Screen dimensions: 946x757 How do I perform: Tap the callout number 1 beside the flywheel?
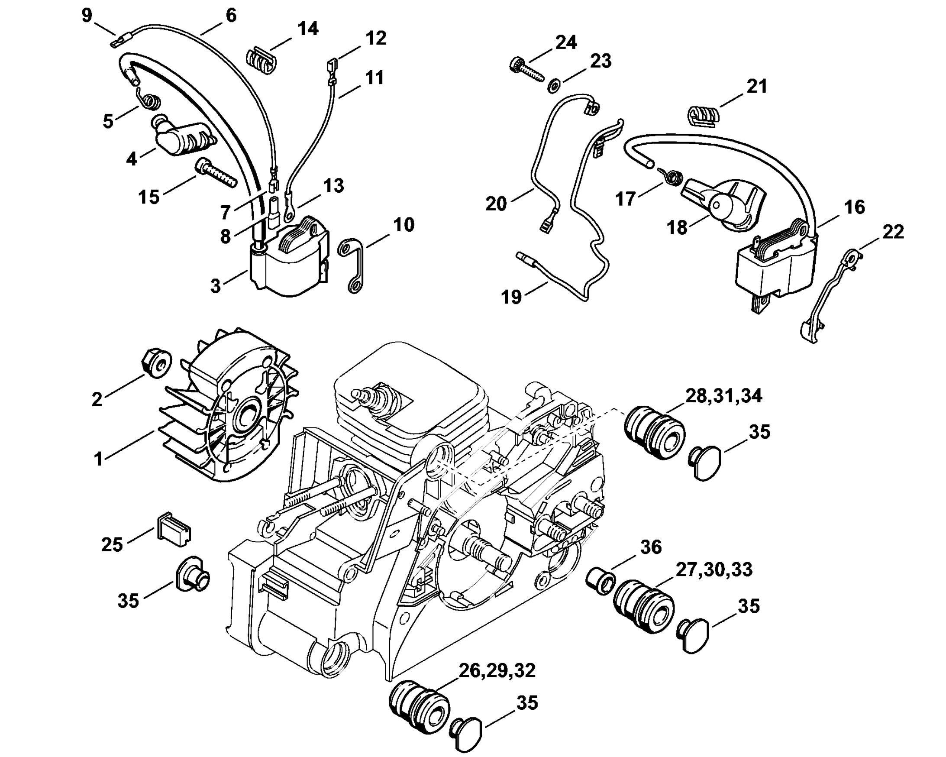coord(98,459)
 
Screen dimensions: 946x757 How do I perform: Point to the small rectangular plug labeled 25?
coord(173,530)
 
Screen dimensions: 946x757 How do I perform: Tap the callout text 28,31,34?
coord(723,396)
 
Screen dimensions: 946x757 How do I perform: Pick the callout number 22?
coord(893,232)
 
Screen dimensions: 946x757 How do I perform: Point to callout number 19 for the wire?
coord(511,297)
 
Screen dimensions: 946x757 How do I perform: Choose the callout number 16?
coord(854,207)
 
